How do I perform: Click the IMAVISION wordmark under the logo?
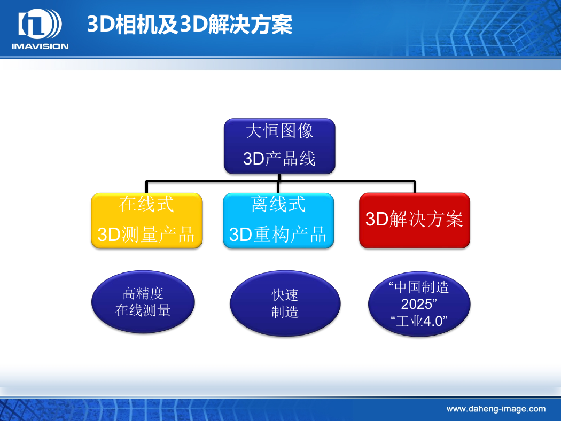40,46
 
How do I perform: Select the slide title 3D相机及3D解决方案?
190,25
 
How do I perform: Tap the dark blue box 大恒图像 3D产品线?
279,146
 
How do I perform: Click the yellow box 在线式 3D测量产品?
147,220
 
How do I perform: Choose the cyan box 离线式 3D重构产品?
278,220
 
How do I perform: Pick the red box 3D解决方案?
414,220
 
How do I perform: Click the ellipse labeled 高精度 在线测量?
143,302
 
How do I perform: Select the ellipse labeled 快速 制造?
285,303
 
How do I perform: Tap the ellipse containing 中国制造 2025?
419,304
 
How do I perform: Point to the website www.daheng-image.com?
496,409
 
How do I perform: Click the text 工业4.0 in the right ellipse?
419,321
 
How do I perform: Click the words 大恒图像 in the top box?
279,130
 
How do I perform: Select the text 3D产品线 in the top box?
279,159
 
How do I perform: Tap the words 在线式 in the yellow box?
147,204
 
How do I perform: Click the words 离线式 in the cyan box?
278,204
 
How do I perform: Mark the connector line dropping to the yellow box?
147,187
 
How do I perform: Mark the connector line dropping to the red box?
414,187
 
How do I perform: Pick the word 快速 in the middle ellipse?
285,295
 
